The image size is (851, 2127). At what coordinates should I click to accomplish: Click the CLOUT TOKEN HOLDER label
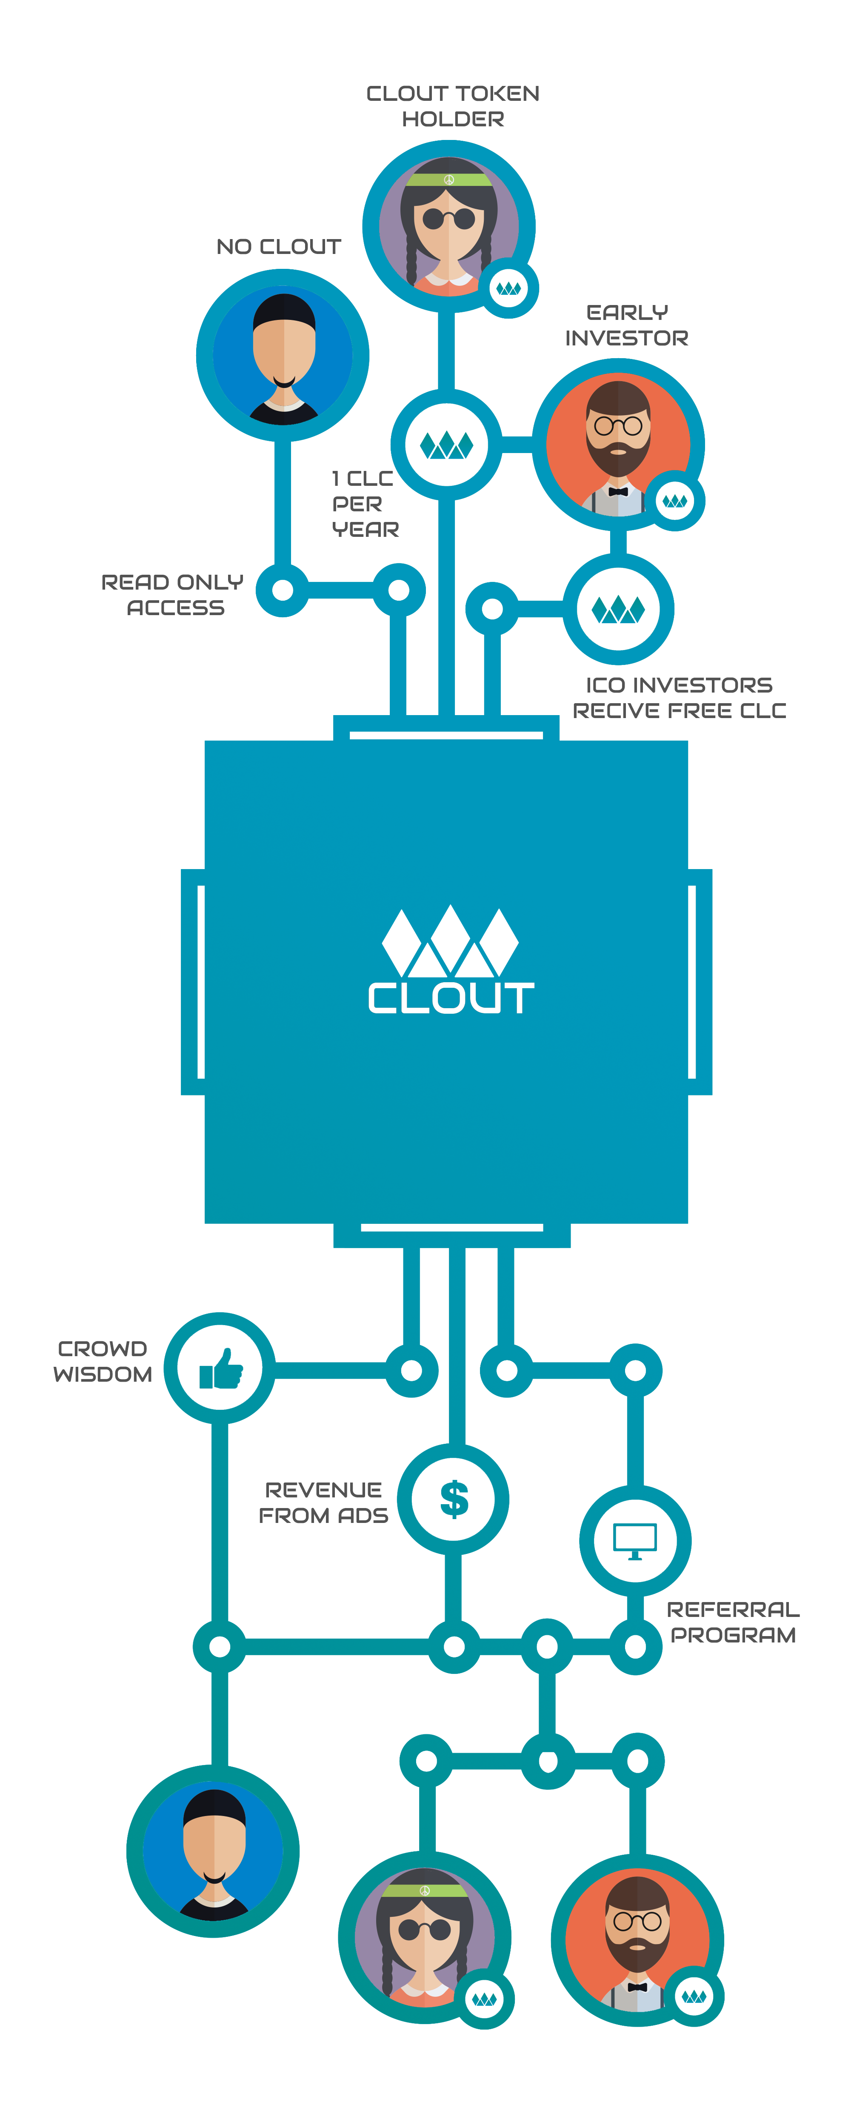(x=453, y=105)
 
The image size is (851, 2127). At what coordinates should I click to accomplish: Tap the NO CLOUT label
(x=278, y=247)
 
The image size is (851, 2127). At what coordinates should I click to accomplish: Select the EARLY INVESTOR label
(x=626, y=325)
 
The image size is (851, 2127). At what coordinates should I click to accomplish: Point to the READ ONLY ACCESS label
(x=173, y=595)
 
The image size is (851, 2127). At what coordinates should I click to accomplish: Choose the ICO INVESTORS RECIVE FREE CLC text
(x=679, y=698)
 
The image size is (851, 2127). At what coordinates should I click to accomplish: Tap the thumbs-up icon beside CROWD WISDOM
(x=220, y=1368)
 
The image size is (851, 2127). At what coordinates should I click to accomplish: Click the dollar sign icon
(x=454, y=1499)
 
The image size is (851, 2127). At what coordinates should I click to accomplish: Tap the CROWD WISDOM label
(x=103, y=1361)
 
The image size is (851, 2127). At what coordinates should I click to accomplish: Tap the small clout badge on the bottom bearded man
(x=694, y=1996)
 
